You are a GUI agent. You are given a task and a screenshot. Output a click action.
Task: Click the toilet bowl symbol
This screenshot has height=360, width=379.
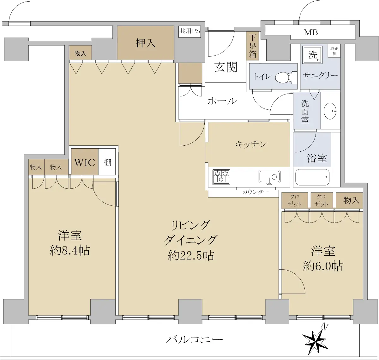click(286, 77)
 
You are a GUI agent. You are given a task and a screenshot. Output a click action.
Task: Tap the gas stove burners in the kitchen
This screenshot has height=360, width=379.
click(221, 177)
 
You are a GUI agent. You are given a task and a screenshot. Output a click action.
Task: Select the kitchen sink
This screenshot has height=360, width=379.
click(269, 177)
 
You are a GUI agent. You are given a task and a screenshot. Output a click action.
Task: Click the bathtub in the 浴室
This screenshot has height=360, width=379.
click(312, 177)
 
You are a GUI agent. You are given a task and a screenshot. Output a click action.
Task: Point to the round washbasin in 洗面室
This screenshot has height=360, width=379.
click(330, 111)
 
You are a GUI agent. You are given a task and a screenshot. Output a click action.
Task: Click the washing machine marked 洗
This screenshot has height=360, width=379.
click(312, 55)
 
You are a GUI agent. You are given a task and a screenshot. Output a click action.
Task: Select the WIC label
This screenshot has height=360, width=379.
click(85, 162)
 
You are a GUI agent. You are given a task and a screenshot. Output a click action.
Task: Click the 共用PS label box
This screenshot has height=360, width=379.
click(190, 31)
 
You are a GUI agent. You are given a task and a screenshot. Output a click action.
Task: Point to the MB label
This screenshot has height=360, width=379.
click(311, 33)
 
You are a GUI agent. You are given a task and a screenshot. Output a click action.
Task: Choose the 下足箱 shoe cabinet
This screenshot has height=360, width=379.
click(253, 46)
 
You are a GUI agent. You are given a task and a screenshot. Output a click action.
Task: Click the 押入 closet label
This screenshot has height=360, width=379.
click(145, 43)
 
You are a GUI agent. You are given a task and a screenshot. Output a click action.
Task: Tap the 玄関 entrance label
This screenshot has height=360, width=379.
click(226, 67)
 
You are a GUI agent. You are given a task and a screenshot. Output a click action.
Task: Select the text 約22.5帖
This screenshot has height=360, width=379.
click(191, 255)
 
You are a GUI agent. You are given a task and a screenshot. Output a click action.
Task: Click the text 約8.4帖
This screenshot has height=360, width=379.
click(69, 250)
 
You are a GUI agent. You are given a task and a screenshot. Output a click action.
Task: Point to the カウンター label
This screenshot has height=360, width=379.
click(255, 192)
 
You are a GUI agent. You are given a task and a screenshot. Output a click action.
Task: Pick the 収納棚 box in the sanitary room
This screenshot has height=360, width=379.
click(334, 51)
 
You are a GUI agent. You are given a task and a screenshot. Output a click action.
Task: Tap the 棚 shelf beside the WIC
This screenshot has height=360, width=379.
click(107, 162)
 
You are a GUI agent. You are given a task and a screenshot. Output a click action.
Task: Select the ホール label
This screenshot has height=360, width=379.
click(222, 101)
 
